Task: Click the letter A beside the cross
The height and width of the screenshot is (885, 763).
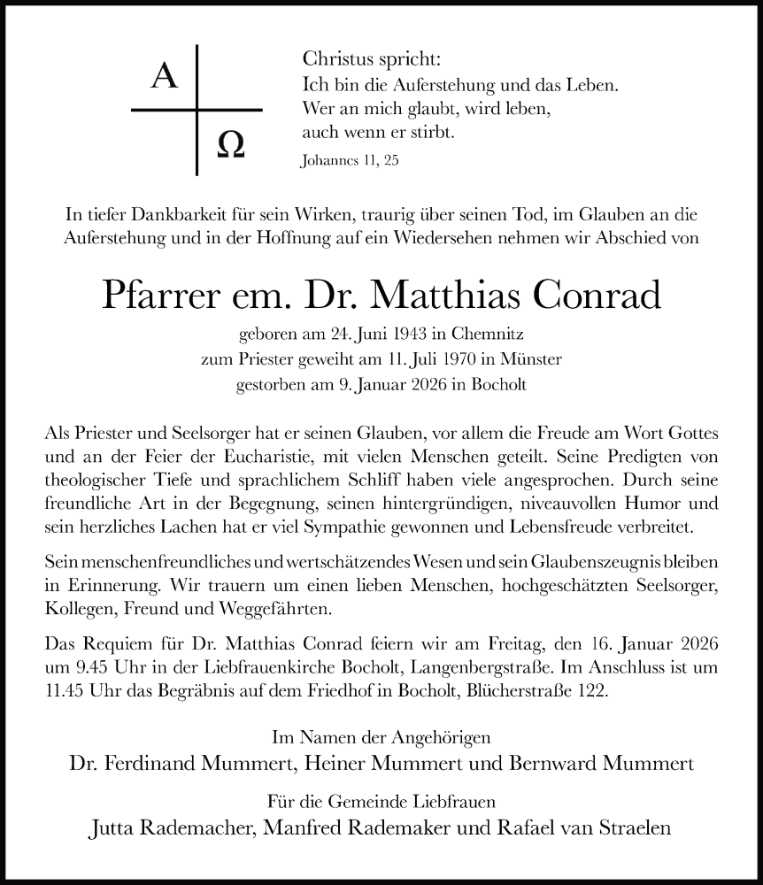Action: pyautogui.click(x=164, y=78)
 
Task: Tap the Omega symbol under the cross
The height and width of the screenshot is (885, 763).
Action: pyautogui.click(x=230, y=143)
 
